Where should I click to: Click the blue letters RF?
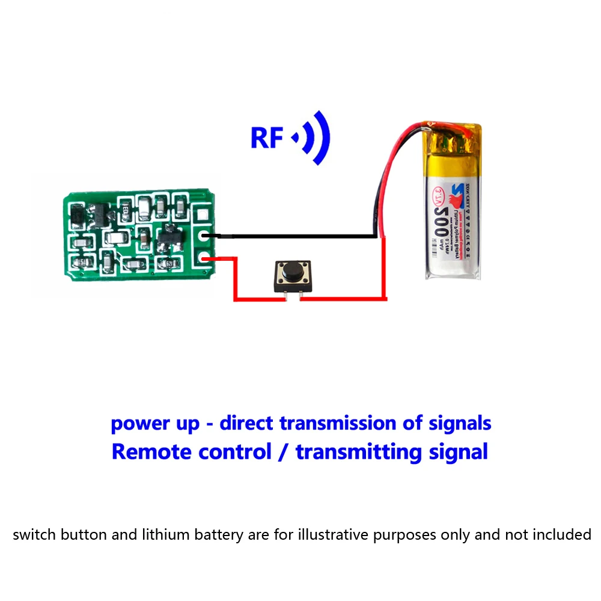point(266,138)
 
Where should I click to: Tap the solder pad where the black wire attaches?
point(204,236)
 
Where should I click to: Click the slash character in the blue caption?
point(284,451)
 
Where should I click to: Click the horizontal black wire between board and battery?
point(294,237)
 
